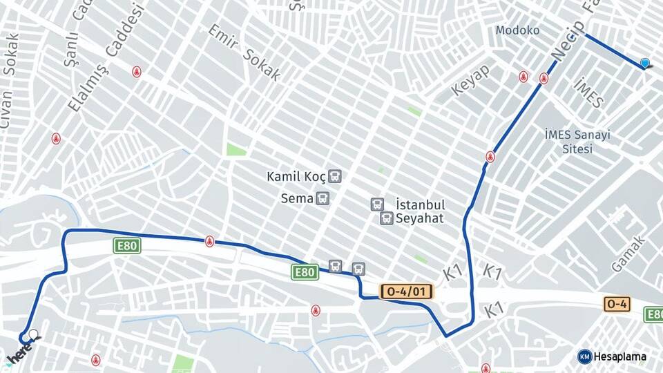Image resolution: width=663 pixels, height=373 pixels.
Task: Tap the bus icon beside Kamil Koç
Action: click(x=335, y=176)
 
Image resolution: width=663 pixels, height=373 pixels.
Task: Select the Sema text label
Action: click(x=296, y=199)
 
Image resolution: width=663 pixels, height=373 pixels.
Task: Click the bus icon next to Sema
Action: click(x=323, y=199)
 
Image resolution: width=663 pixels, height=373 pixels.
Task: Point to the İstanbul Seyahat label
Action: click(x=419, y=211)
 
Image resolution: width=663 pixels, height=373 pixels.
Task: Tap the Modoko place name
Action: click(x=517, y=30)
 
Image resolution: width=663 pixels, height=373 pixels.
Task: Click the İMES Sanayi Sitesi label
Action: click(x=577, y=142)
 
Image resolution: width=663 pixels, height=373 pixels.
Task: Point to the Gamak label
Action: click(x=628, y=254)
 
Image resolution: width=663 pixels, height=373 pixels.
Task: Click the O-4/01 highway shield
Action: click(x=407, y=292)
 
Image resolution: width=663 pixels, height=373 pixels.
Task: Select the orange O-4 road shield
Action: click(x=617, y=303)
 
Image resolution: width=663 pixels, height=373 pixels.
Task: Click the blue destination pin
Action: click(x=645, y=64)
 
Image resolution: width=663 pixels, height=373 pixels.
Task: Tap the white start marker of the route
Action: click(x=32, y=335)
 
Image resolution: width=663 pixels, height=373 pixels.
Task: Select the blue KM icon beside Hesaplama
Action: click(x=584, y=356)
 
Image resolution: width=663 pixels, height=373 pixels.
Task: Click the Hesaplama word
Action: click(x=620, y=357)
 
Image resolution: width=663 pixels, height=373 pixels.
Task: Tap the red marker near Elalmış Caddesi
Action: click(x=137, y=71)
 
